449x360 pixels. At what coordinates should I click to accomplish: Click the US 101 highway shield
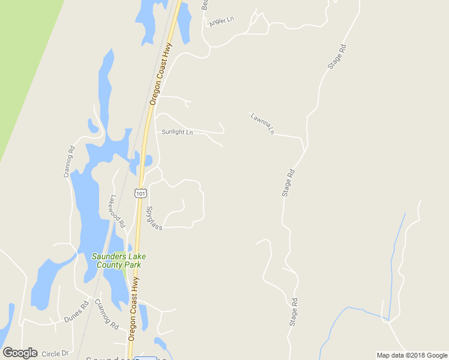tap(140, 192)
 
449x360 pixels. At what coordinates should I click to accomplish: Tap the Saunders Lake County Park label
tap(118, 260)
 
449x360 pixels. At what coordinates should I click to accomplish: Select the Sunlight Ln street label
tap(177, 132)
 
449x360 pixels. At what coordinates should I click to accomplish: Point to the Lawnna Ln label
tap(263, 122)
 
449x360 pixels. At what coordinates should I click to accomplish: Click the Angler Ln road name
tap(221, 21)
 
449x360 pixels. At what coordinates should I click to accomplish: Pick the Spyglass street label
tap(154, 218)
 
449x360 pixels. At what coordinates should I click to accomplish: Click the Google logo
tap(20, 353)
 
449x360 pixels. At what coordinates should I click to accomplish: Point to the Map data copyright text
tap(412, 355)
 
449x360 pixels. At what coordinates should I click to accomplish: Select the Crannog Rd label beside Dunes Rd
tap(106, 315)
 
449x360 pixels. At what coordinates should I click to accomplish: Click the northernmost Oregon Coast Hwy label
tap(161, 73)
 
